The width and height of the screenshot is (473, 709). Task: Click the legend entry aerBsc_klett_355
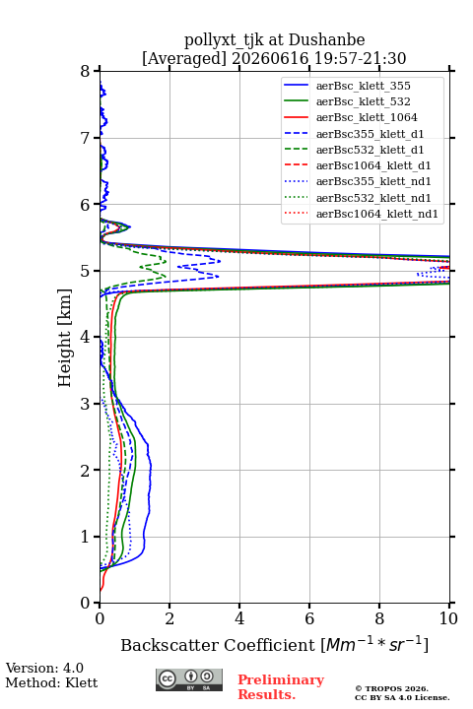point(363,86)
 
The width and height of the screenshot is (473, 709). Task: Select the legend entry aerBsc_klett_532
point(363,101)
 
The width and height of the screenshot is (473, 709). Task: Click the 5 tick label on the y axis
point(86,271)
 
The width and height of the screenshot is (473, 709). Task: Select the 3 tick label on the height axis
point(86,404)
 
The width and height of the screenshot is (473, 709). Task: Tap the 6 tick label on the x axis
point(309,618)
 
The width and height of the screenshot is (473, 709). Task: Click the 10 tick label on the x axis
point(448,618)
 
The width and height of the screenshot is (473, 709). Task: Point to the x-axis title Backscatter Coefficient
point(217,645)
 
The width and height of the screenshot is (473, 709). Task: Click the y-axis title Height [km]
point(64,338)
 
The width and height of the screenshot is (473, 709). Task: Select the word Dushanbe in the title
point(326,40)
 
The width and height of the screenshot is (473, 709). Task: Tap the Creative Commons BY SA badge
point(189,679)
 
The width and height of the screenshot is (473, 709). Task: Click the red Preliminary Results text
point(281,687)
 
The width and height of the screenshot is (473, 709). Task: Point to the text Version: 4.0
point(44,669)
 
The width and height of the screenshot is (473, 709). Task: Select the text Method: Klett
point(51,682)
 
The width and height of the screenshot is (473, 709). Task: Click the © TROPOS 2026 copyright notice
point(391,688)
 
